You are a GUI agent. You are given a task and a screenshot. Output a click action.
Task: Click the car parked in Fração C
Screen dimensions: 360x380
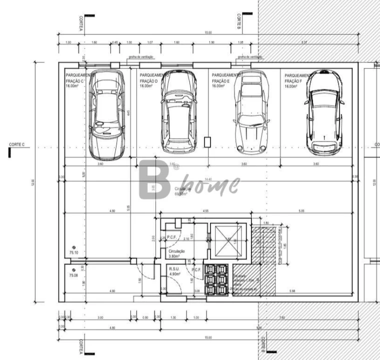106,114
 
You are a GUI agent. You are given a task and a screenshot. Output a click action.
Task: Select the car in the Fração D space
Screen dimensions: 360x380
178,111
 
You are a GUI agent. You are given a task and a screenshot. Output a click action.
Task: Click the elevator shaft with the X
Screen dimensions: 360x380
228,242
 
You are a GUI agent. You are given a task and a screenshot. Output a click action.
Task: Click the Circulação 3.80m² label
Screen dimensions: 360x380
177,253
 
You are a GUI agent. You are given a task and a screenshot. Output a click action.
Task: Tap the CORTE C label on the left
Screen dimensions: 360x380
16,145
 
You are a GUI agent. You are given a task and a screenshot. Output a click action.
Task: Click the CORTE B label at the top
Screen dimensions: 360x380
239,19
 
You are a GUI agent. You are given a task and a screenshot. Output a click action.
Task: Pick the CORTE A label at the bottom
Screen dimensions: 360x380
80,346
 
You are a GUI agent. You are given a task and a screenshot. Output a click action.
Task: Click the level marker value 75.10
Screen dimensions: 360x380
74,253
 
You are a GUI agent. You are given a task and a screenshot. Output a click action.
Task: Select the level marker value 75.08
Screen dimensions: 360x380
73,275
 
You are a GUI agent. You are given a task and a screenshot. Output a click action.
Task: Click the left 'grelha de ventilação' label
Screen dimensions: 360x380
140,57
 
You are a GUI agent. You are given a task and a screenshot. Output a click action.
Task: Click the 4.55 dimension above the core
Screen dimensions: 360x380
205,211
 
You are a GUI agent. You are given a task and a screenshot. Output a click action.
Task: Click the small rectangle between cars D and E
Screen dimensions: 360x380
207,142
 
